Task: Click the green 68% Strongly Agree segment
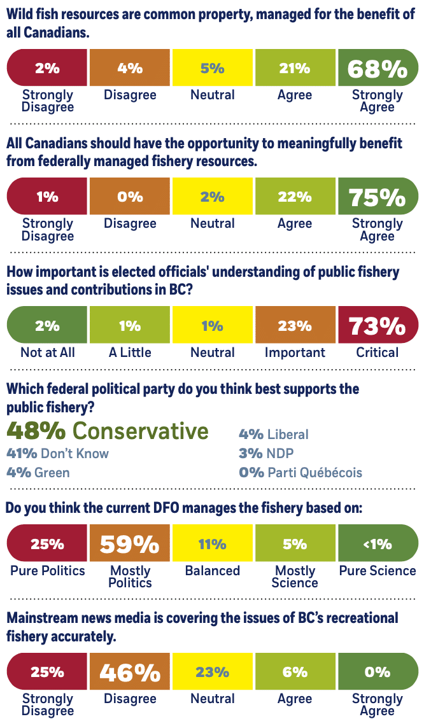tap(378, 68)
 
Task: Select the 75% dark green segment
tap(378, 197)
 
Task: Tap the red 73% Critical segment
tap(378, 326)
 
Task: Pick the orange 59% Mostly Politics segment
tap(130, 544)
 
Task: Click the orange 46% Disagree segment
tap(130, 673)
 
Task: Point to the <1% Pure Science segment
tap(378, 544)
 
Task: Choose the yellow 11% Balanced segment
tap(213, 544)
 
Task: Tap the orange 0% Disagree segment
tap(130, 197)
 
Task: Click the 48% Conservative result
tap(108, 431)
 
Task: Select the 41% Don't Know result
tap(57, 454)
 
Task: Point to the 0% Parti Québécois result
tap(300, 473)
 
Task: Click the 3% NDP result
tap(266, 454)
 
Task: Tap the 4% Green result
tap(38, 473)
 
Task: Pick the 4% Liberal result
tap(274, 435)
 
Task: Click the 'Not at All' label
tap(47, 353)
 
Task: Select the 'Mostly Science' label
tap(295, 576)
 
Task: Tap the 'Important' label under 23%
tap(295, 353)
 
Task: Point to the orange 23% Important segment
tap(295, 326)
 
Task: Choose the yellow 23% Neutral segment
tap(213, 673)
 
